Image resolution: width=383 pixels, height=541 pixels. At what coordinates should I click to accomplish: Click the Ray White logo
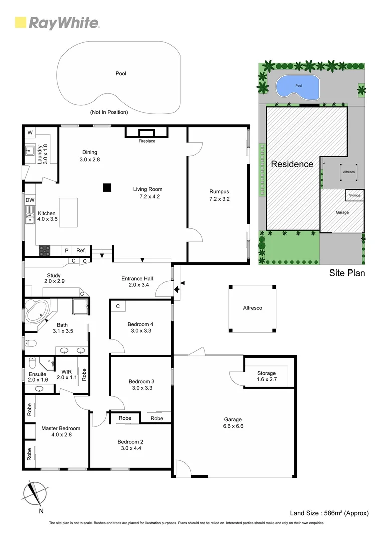pyautogui.click(x=57, y=23)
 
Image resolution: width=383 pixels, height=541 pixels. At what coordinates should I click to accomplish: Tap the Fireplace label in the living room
pyautogui.click(x=147, y=141)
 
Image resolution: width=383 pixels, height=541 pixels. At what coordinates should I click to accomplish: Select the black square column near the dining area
pyautogui.click(x=106, y=188)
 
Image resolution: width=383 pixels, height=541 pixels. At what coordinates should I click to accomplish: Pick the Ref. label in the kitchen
pyautogui.click(x=81, y=250)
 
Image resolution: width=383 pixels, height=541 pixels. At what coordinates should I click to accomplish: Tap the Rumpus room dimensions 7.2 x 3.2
pyautogui.click(x=219, y=199)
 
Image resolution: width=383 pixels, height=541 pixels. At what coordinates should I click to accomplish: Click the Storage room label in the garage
pyautogui.click(x=266, y=373)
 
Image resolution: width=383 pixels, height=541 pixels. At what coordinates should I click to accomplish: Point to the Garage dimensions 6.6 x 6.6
pyautogui.click(x=232, y=426)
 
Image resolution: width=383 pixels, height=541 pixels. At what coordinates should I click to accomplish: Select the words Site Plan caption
pyautogui.click(x=347, y=273)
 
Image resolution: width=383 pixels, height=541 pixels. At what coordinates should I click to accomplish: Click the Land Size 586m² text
pyautogui.click(x=329, y=513)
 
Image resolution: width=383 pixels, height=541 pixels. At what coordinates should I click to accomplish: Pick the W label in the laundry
pyautogui.click(x=30, y=132)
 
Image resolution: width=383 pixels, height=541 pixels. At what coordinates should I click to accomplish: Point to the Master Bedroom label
pyautogui.click(x=60, y=428)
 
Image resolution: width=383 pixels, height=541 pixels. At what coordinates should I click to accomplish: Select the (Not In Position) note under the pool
pyautogui.click(x=109, y=112)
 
